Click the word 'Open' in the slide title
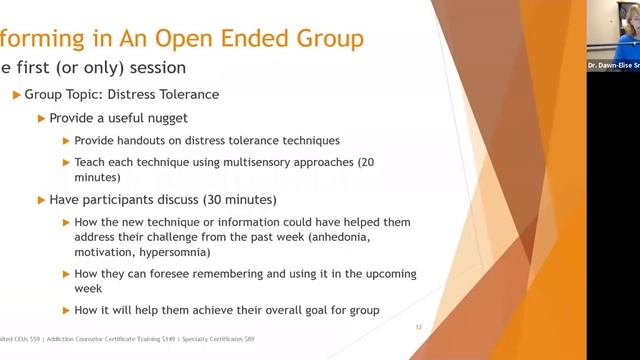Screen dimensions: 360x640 point(194,39)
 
